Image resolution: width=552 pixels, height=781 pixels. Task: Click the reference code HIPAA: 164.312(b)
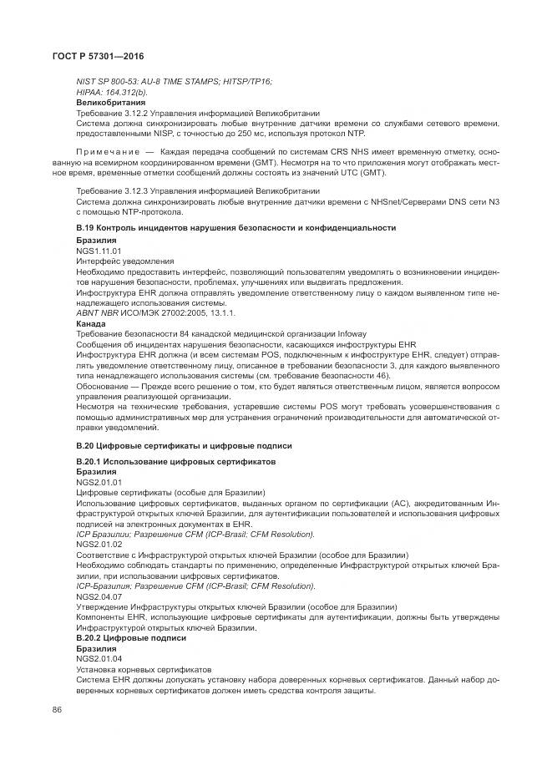tap(111, 92)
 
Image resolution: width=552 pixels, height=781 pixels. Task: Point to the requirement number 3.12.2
tap(138, 114)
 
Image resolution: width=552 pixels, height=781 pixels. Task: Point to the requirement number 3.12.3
tap(138, 190)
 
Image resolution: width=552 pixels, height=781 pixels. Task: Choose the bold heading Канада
tap(91, 323)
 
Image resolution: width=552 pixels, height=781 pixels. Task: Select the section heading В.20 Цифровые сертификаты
tap(184, 446)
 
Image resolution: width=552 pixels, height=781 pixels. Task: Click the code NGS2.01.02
tap(99, 543)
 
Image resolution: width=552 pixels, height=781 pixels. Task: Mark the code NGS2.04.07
tap(99, 596)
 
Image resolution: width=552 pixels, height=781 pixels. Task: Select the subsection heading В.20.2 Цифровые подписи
tap(131, 638)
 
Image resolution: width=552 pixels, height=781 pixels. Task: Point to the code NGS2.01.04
tap(99, 659)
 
